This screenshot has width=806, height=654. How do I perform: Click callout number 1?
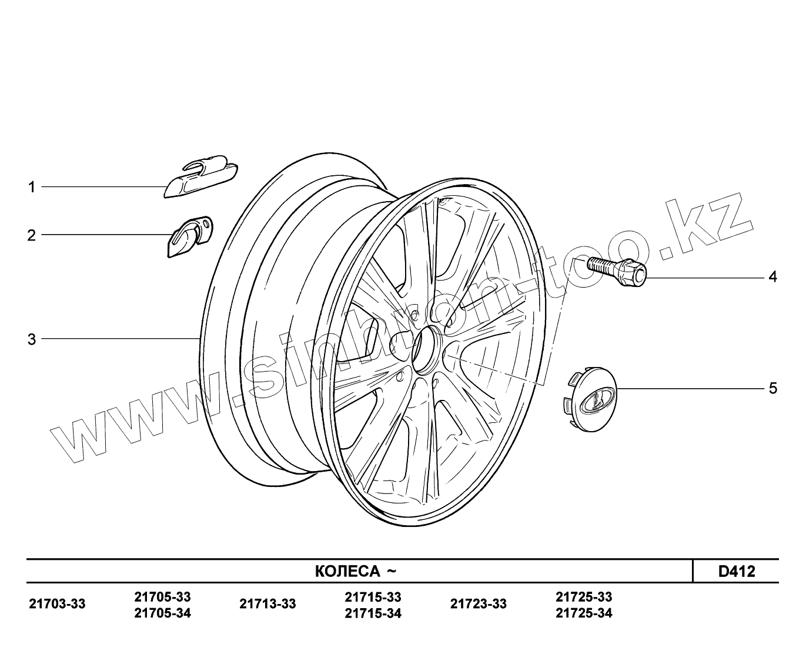pos(32,187)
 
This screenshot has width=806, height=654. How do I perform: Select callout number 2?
pos(31,235)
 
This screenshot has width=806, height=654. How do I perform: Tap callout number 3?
pos(32,339)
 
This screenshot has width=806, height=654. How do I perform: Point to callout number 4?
pos(772,276)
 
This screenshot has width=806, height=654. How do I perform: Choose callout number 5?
pos(772,388)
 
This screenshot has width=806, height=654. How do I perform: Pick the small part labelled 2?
pos(190,237)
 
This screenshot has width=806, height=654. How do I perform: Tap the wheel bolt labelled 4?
pos(616,271)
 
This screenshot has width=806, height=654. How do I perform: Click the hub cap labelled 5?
pos(588,399)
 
